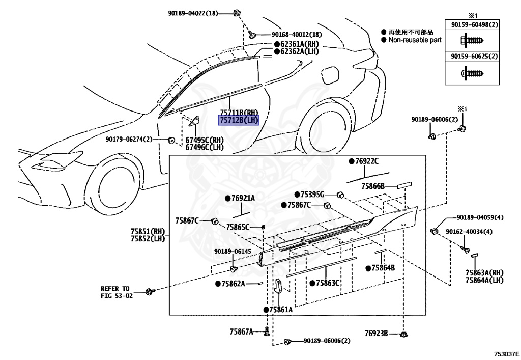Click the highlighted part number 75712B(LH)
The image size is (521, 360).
[x=239, y=121]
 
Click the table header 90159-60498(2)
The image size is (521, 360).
[x=474, y=24]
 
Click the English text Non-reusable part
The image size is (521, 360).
[x=415, y=40]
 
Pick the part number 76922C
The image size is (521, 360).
[x=366, y=161]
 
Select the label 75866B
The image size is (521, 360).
[x=373, y=186]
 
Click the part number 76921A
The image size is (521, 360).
[x=243, y=198]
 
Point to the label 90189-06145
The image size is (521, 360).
[x=233, y=251]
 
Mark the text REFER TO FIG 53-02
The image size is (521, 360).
[x=115, y=292]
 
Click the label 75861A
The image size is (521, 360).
[x=280, y=309]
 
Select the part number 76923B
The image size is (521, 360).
[x=376, y=334]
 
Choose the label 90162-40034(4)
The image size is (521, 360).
[x=469, y=232]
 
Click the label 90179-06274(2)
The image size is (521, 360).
[x=129, y=139]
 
